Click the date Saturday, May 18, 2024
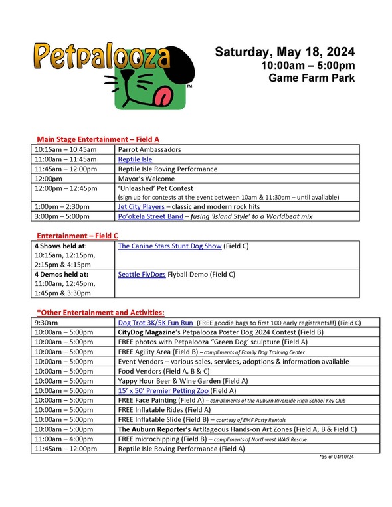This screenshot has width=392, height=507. pyautogui.click(x=284, y=52)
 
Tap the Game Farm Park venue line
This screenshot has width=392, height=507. pyautogui.click(x=312, y=78)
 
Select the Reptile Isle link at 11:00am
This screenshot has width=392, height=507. pyautogui.click(x=135, y=159)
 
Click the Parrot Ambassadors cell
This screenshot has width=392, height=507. pyautogui.click(x=149, y=150)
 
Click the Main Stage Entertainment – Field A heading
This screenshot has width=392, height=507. pyautogui.click(x=98, y=139)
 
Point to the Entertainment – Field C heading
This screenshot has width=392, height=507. pyautogui.click(x=78, y=236)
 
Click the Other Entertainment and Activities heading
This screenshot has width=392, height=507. pyautogui.click(x=101, y=312)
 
